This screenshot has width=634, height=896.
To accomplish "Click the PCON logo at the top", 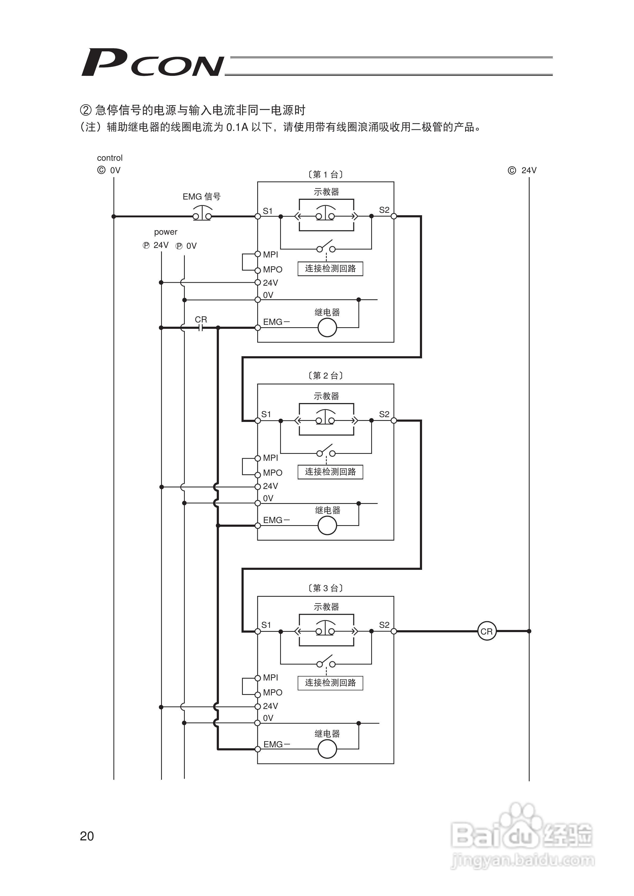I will click(x=152, y=63).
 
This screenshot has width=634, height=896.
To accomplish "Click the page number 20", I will click(x=87, y=836).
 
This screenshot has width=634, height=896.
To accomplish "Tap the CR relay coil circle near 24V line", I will click(x=487, y=631).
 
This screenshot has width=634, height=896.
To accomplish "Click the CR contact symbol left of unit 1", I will click(x=201, y=328).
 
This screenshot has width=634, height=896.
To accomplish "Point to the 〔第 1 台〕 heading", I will click(x=325, y=175).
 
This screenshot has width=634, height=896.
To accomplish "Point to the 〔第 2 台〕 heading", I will click(x=325, y=375).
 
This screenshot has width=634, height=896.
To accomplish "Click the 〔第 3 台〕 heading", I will click(x=325, y=588).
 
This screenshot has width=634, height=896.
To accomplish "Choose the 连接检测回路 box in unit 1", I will click(x=330, y=268).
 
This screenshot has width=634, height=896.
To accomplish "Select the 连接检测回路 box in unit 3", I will click(x=330, y=683).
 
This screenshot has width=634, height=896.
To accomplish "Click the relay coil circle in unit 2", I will click(x=327, y=525).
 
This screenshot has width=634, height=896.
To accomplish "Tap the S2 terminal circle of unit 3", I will click(x=394, y=631).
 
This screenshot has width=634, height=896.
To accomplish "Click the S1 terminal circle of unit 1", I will click(x=258, y=216).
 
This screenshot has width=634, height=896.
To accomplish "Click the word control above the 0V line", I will click(x=110, y=158).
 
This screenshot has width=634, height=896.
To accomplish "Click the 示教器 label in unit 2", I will click(x=326, y=396).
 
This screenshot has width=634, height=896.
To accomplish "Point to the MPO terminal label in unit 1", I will click(x=273, y=270).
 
